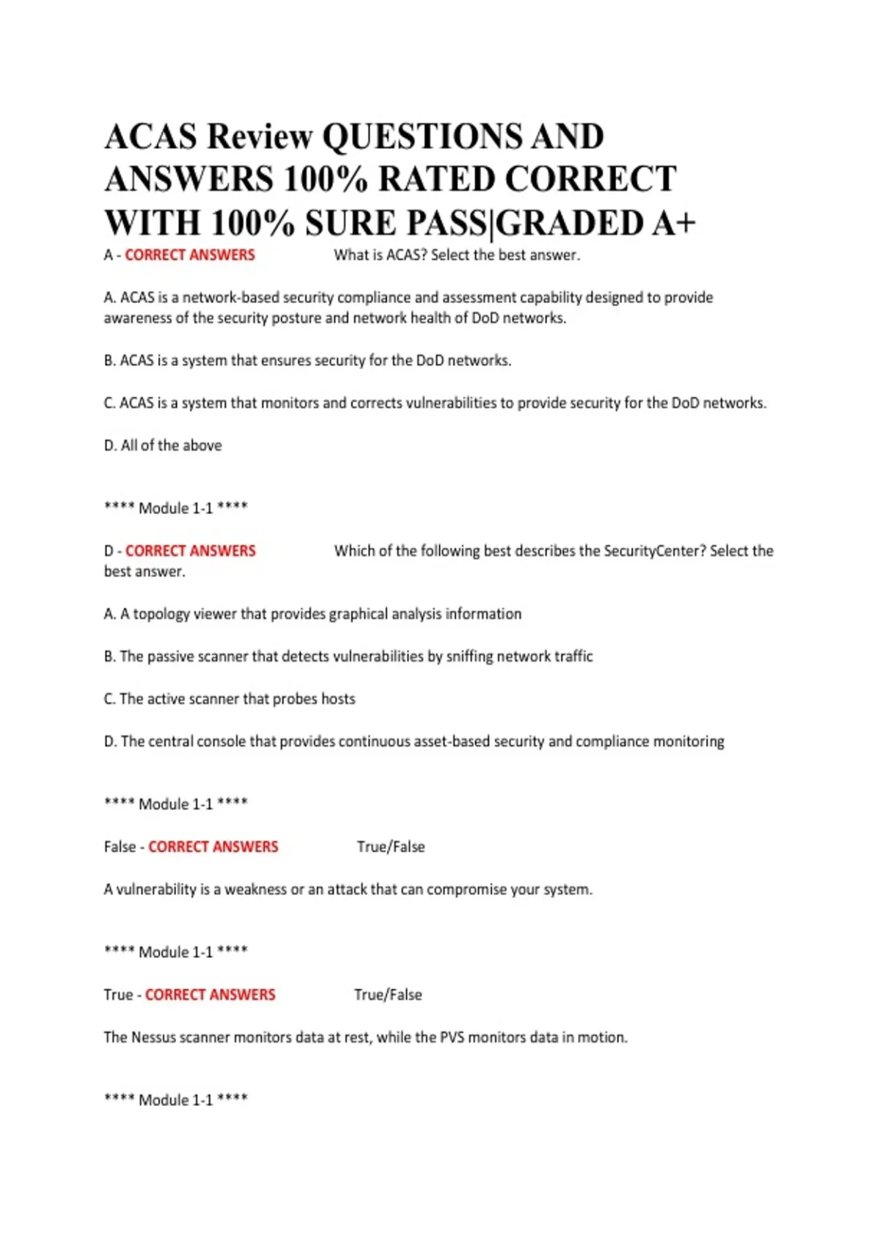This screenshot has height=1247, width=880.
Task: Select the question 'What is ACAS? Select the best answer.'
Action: coord(456,255)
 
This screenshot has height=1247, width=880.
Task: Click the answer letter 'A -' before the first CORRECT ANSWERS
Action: coord(112,255)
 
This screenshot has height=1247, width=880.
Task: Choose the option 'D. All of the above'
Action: coord(163,445)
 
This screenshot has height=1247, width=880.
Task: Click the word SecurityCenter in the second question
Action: coord(654,551)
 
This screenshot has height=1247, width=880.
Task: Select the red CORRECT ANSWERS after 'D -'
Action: coord(191,551)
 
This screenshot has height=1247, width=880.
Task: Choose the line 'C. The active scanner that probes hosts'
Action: coord(230,699)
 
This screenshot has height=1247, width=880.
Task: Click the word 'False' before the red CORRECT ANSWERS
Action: coord(120,847)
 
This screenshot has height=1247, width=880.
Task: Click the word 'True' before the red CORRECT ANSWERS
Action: coord(118,995)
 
